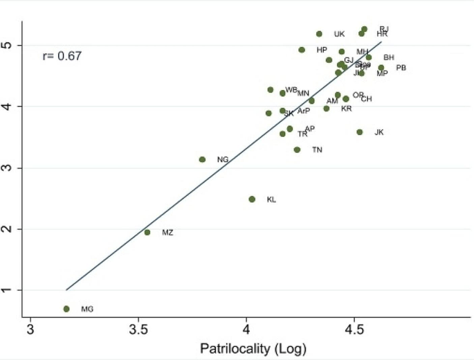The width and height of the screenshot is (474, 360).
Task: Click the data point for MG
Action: pos(66,309)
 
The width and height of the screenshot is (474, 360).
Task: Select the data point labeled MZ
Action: pos(147,233)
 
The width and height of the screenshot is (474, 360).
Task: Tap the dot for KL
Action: pos(252,199)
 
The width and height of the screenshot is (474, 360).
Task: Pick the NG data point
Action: pos(202,159)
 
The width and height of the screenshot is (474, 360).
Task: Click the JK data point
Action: pos(360,132)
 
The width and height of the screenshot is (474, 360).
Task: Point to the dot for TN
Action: pos(297,150)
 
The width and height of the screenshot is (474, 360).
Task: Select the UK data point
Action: pos(319,34)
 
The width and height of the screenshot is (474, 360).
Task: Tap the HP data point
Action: pos(302,50)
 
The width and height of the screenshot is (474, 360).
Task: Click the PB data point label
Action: pos(401,68)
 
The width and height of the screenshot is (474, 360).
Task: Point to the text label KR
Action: pos(347,109)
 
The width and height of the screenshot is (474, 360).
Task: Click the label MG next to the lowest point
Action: pos(86,309)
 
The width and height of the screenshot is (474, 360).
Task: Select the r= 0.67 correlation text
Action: pos(62,56)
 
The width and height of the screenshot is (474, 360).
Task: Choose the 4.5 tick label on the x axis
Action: pos(354,329)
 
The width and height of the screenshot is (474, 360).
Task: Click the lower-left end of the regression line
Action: pos(66,289)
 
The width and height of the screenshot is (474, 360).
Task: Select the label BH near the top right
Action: pos(389,57)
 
